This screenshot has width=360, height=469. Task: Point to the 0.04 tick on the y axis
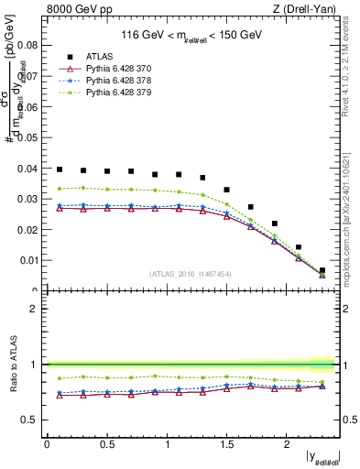point(29,169)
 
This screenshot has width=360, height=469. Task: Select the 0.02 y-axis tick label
point(29,230)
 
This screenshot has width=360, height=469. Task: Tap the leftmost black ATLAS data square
point(60,169)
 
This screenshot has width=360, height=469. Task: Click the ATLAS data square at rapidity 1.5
point(227,190)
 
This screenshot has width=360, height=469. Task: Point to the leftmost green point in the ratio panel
point(60,377)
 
